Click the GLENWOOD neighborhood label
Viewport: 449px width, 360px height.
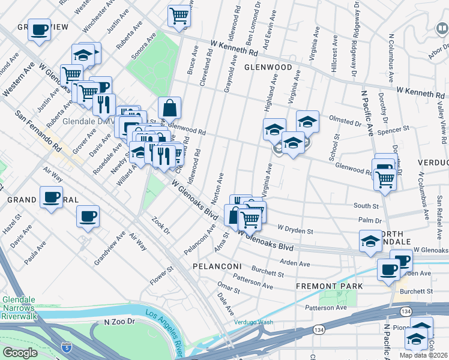[268, 68]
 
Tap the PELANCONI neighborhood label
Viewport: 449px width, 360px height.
[217, 266]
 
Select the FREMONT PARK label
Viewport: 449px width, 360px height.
[329, 287]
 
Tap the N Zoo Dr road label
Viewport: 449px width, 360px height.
[117, 322]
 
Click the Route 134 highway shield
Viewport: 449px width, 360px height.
[406, 311]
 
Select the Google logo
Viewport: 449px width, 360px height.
[20, 353]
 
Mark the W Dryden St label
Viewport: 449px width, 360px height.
[295, 230]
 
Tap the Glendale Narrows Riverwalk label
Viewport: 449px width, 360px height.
[20, 307]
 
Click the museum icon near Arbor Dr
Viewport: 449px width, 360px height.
[441, 28]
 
